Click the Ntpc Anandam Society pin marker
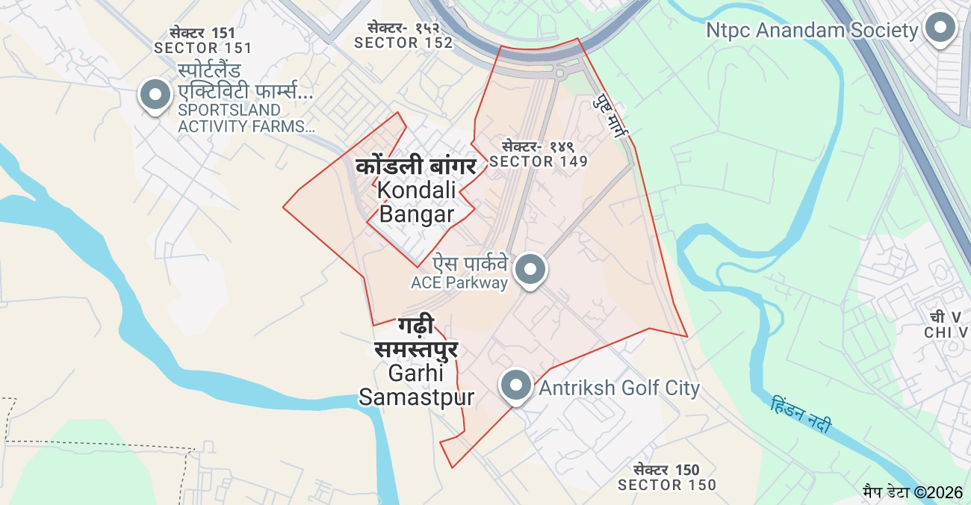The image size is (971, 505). (940, 28)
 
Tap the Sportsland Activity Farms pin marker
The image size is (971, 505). (156, 95)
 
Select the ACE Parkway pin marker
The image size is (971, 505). (530, 268)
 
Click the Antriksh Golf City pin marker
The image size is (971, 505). (515, 385)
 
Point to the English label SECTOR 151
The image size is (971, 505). (202, 48)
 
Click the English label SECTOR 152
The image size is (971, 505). (403, 43)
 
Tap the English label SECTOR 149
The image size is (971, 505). (539, 161)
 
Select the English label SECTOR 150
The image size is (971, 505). (666, 485)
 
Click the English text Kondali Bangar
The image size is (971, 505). (416, 202)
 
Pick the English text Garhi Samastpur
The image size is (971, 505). (416, 385)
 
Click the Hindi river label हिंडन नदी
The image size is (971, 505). (801, 415)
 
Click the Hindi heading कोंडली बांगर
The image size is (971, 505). (415, 165)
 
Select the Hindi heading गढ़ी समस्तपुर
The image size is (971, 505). (416, 337)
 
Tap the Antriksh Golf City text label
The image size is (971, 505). (619, 388)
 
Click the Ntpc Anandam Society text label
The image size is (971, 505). (811, 31)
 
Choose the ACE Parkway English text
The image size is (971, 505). (459, 282)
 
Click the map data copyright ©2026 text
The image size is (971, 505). (913, 492)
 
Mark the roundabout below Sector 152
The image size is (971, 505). (559, 73)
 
